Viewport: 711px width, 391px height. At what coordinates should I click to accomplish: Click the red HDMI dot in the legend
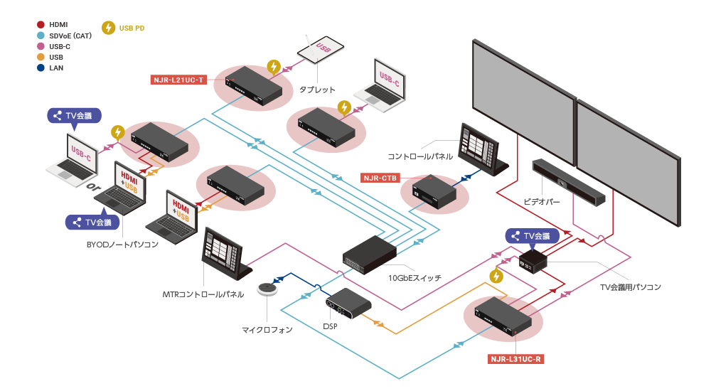click(40, 24)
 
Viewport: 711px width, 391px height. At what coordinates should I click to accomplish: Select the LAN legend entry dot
click(40, 68)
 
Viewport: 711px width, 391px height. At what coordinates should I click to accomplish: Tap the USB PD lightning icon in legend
click(108, 28)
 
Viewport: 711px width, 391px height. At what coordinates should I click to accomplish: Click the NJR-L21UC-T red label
click(178, 80)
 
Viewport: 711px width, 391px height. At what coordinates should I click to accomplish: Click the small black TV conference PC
click(534, 261)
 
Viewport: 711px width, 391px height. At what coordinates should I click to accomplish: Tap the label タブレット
click(317, 90)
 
